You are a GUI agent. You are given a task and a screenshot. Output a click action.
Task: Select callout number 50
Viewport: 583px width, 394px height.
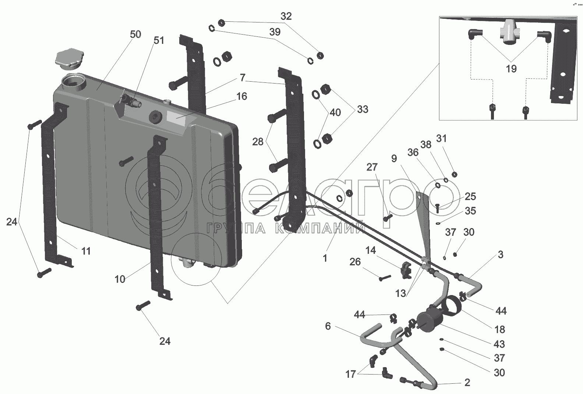(x=135, y=34)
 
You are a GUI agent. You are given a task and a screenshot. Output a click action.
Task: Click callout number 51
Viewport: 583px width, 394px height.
(x=159, y=40)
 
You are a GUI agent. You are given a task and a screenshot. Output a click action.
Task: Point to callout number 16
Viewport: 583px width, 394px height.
(x=241, y=96)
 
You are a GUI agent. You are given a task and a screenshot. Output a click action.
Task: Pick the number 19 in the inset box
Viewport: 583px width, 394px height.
(x=511, y=69)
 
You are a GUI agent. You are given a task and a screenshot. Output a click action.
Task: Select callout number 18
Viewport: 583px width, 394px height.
(x=499, y=330)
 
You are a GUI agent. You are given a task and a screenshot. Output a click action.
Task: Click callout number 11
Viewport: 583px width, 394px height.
(x=86, y=251)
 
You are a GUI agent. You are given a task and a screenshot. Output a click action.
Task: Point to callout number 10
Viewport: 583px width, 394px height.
(x=120, y=279)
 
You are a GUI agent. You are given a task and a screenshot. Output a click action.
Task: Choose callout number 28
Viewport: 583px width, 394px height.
(x=258, y=142)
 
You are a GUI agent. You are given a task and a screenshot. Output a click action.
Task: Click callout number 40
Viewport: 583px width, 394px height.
(x=335, y=112)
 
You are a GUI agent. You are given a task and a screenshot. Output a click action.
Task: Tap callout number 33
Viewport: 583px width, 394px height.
(x=363, y=109)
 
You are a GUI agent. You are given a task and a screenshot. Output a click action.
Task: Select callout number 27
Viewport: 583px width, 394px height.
(x=372, y=167)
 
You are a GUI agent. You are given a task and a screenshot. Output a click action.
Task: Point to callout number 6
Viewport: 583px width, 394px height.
(x=328, y=326)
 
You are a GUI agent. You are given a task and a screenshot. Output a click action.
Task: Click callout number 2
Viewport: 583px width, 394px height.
(x=467, y=383)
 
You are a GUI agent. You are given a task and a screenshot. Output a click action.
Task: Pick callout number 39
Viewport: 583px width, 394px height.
(x=275, y=32)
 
